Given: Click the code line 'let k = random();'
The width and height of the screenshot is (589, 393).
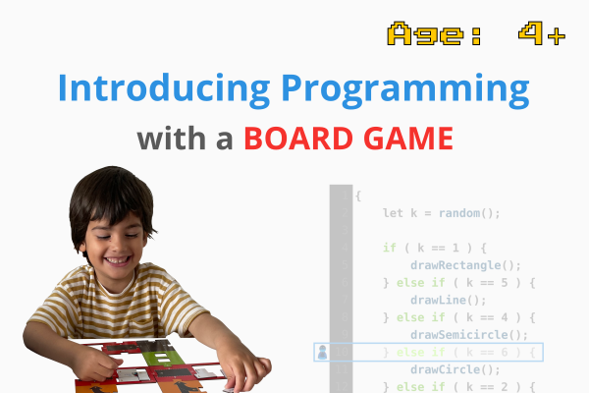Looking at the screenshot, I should [x=442, y=212].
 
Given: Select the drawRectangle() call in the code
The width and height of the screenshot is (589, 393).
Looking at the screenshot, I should [x=465, y=265].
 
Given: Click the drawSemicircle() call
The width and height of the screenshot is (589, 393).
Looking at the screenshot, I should [x=469, y=335].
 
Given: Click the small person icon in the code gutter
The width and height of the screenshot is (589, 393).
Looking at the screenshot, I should [x=322, y=352].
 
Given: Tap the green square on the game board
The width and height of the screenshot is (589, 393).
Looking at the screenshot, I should [x=157, y=355].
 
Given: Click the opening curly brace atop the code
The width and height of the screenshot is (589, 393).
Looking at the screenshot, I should [x=358, y=195].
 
